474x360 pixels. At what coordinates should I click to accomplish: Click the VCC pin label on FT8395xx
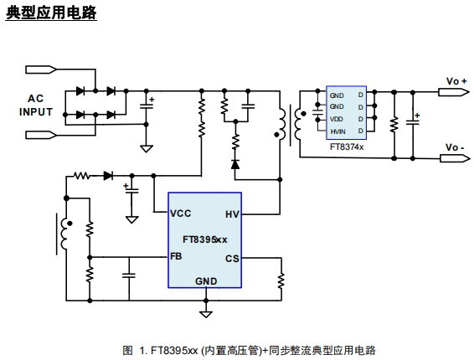[x=180, y=213]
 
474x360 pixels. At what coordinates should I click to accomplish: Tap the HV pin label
[x=232, y=214]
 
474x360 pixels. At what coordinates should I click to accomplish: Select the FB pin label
[x=176, y=256]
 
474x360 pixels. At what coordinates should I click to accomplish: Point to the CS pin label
[x=232, y=259]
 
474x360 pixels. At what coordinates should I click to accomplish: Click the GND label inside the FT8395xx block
[x=206, y=281]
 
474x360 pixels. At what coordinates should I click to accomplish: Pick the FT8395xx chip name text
[x=204, y=239]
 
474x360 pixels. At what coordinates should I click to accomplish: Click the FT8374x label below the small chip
[x=347, y=147]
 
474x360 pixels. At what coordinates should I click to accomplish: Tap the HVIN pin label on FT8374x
[x=337, y=131]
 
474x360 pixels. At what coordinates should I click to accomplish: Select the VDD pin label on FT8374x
[x=336, y=119]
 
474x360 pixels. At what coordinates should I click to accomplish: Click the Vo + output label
[x=456, y=81]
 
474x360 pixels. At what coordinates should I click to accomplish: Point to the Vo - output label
[x=455, y=147]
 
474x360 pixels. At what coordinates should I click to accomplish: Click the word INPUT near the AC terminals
[x=36, y=112]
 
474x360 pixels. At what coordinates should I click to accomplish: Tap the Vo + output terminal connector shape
[x=454, y=92]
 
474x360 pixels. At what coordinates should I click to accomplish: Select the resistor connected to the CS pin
[x=281, y=280]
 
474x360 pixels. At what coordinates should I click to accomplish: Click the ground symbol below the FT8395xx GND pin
[x=206, y=314]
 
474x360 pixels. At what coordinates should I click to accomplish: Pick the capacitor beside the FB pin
[x=129, y=275]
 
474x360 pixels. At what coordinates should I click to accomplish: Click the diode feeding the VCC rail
[x=108, y=176]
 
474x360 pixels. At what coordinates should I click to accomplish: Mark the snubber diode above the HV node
[x=235, y=164]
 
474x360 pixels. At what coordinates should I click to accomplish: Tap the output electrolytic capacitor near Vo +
[x=413, y=122]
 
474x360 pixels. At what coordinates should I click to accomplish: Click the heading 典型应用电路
[x=51, y=13]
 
